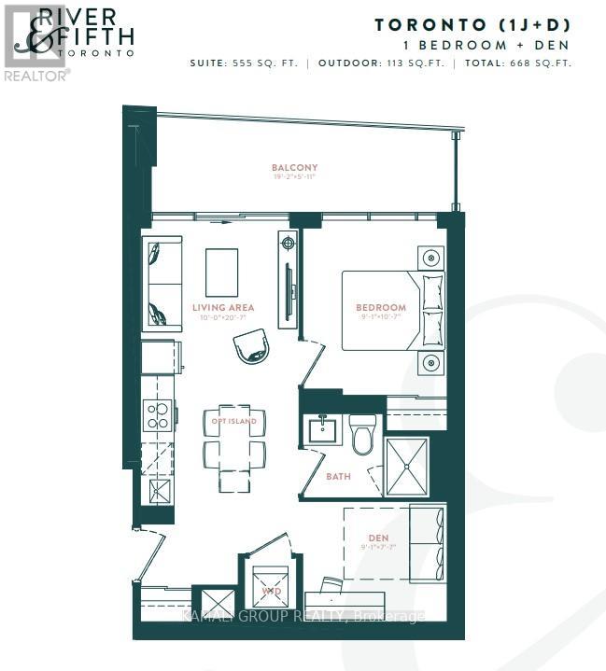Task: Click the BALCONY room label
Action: [294, 168]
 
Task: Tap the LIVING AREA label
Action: [223, 307]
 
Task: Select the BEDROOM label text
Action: [380, 307]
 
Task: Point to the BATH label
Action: [338, 476]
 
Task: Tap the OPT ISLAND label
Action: [233, 421]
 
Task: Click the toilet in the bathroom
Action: [362, 434]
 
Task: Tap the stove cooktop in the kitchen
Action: [157, 413]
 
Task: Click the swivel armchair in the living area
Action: [251, 348]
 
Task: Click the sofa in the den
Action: [427, 542]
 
